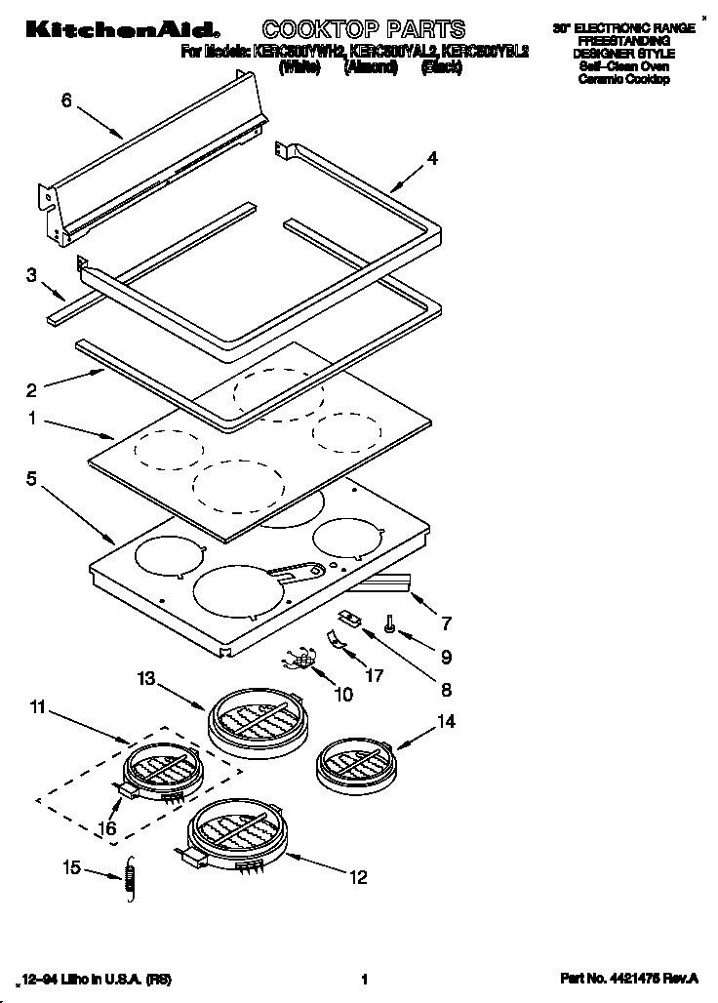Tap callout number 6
pos(67,100)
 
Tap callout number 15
pos(70,868)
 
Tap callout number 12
pos(359,877)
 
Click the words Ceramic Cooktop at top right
pos(623,80)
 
